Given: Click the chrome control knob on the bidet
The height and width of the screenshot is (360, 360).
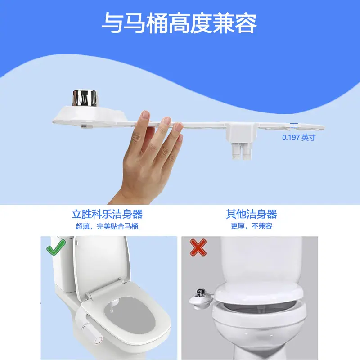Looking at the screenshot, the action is click(x=85, y=98).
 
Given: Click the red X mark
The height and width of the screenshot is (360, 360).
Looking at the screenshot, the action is click(x=198, y=247).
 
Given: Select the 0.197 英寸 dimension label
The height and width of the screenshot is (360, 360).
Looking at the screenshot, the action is click(x=299, y=138).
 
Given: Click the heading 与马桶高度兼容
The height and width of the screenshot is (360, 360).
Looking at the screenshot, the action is click(x=179, y=23).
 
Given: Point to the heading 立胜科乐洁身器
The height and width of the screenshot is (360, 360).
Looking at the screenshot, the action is click(x=107, y=214).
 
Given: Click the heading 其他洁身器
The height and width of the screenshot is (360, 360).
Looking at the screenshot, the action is click(x=252, y=214).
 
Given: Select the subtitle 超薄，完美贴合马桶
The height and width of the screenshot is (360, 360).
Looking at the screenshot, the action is click(x=107, y=226).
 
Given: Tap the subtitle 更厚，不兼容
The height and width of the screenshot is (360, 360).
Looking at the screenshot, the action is click(x=252, y=226).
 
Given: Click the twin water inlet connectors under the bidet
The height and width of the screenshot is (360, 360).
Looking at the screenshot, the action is click(x=242, y=151).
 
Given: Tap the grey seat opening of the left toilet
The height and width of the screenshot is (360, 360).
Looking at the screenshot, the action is click(x=130, y=315).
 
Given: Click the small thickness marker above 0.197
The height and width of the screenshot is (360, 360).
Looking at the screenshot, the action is click(x=294, y=126).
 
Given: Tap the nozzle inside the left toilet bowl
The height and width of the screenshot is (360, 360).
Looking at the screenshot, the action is click(x=112, y=306).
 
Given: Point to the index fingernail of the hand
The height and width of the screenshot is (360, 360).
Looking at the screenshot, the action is click(x=145, y=114).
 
